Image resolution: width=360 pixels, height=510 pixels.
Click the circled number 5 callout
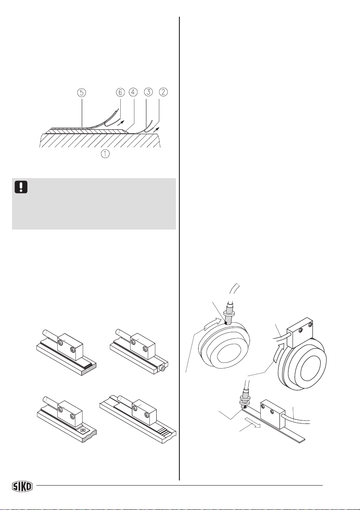pyautogui.click(x=82, y=92)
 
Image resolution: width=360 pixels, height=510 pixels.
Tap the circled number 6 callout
pyautogui.click(x=120, y=92)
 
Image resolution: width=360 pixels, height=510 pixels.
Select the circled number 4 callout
pyautogui.click(x=133, y=92)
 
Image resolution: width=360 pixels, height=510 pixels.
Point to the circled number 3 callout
pyautogui.click(x=148, y=92)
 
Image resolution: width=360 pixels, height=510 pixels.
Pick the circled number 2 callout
pyautogui.click(x=163, y=92)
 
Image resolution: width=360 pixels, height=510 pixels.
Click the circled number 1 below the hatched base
pyautogui.click(x=105, y=154)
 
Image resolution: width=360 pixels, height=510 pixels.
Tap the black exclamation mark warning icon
pyautogui.click(x=21, y=187)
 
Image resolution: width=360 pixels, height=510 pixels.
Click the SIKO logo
pyautogui.click(x=22, y=486)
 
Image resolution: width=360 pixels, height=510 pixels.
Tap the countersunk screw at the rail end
pyautogui.click(x=83, y=430)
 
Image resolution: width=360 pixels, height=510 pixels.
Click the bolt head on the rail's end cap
pyautogui.click(x=161, y=369)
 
